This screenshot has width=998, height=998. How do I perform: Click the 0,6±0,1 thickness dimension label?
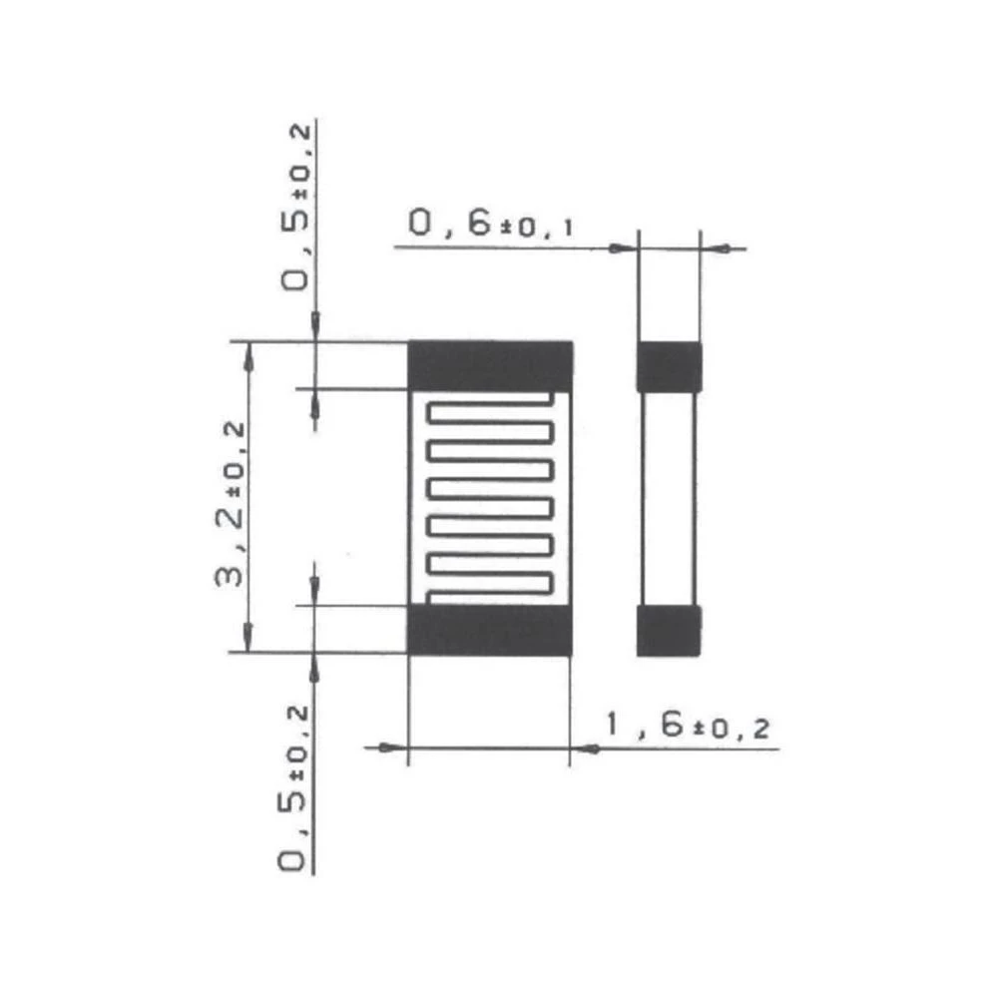click(x=490, y=225)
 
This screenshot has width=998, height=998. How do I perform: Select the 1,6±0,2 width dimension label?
click(x=690, y=727)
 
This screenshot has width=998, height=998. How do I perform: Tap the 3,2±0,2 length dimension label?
click(x=232, y=504)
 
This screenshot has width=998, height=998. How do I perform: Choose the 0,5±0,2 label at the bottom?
click(x=295, y=788)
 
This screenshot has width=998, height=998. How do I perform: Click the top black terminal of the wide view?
click(x=490, y=365)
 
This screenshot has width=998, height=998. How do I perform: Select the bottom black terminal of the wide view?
click(x=490, y=630)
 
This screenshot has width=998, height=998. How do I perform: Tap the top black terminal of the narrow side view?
click(x=670, y=366)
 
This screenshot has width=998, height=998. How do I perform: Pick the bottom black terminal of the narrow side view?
click(x=670, y=630)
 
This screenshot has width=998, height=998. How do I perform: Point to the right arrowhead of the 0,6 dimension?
click(x=712, y=248)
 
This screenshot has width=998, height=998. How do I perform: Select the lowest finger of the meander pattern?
click(x=489, y=582)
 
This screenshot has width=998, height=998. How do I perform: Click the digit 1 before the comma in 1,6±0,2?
click(x=611, y=727)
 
